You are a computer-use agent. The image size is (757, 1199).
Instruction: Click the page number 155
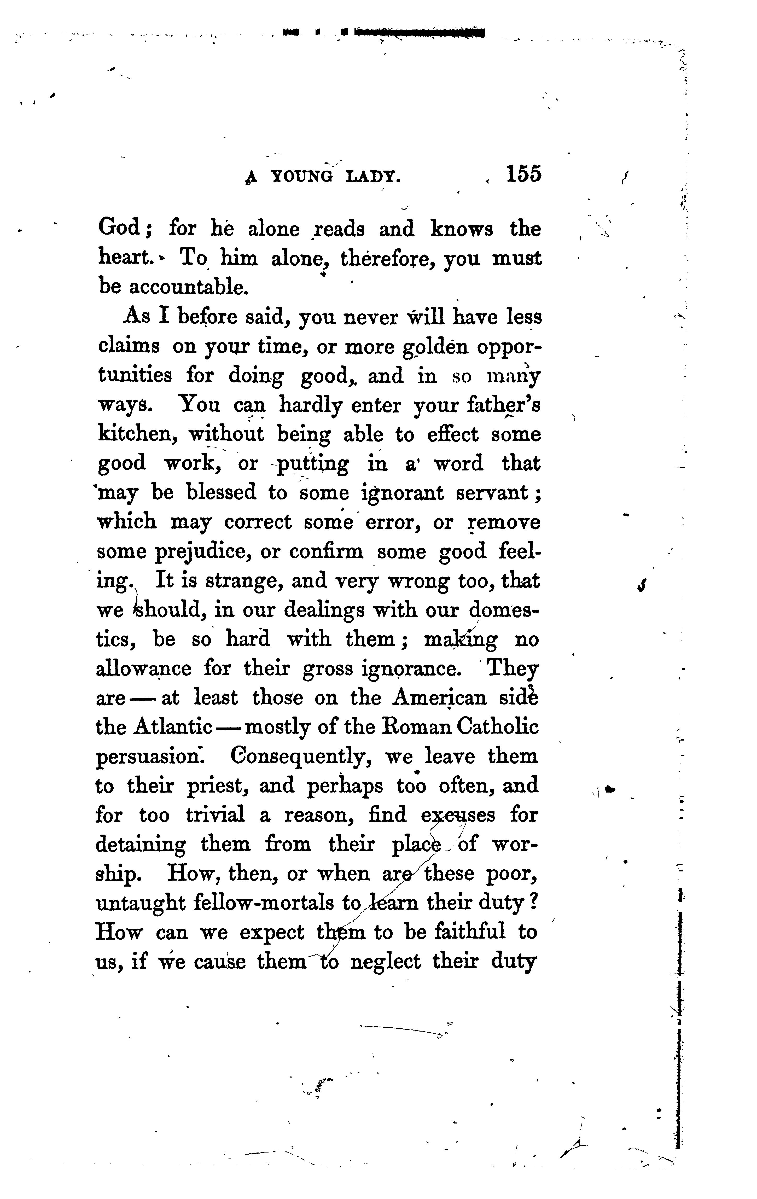523,175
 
